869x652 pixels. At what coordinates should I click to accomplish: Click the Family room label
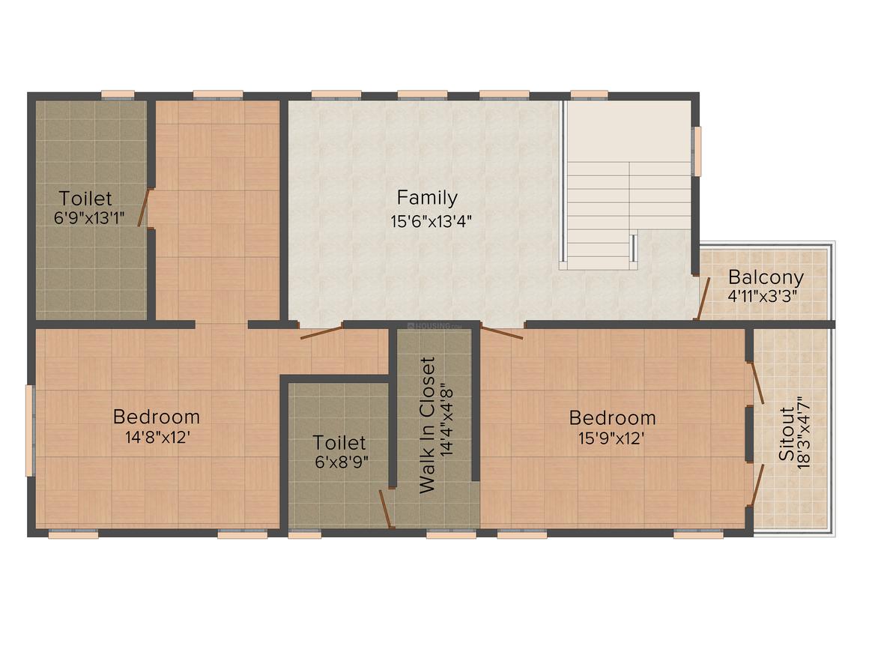coord(427,198)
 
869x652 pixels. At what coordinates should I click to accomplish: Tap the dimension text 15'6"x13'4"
coord(431,222)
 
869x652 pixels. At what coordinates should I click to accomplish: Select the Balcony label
coord(766,277)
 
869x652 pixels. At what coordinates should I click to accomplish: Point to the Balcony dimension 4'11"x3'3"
coord(763,296)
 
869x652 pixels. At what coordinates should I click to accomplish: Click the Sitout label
coord(787,434)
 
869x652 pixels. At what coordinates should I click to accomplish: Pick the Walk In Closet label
coord(427,425)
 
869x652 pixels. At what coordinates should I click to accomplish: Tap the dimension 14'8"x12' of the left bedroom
coord(158,438)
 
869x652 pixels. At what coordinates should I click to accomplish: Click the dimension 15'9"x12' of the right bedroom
coord(611,438)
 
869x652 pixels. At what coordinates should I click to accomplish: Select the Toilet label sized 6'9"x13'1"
coord(85,199)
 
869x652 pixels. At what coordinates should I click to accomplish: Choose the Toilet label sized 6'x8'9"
coord(339,443)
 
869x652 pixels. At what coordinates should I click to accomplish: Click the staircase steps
coord(629,210)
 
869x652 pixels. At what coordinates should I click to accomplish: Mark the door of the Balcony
coord(703,298)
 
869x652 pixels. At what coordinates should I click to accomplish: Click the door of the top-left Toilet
coord(144,208)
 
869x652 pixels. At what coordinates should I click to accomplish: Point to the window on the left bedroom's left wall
coord(31,430)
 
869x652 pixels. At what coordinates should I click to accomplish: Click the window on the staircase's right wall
coord(697,151)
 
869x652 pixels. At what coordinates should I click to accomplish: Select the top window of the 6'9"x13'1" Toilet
coord(118,95)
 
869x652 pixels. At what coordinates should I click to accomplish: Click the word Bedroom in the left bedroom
coord(157,417)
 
